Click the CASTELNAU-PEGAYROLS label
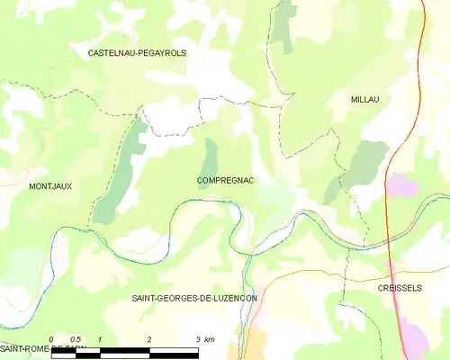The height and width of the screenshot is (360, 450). click(137, 54)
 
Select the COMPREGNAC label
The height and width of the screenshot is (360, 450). click(225, 181)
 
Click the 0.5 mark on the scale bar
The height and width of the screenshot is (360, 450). click(76, 338)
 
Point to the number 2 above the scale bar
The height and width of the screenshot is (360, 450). click(149, 338)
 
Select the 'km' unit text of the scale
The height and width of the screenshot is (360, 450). click(209, 338)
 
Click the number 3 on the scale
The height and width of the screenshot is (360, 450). click(198, 338)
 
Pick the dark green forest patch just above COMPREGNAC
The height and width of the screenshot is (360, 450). click(211, 153)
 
